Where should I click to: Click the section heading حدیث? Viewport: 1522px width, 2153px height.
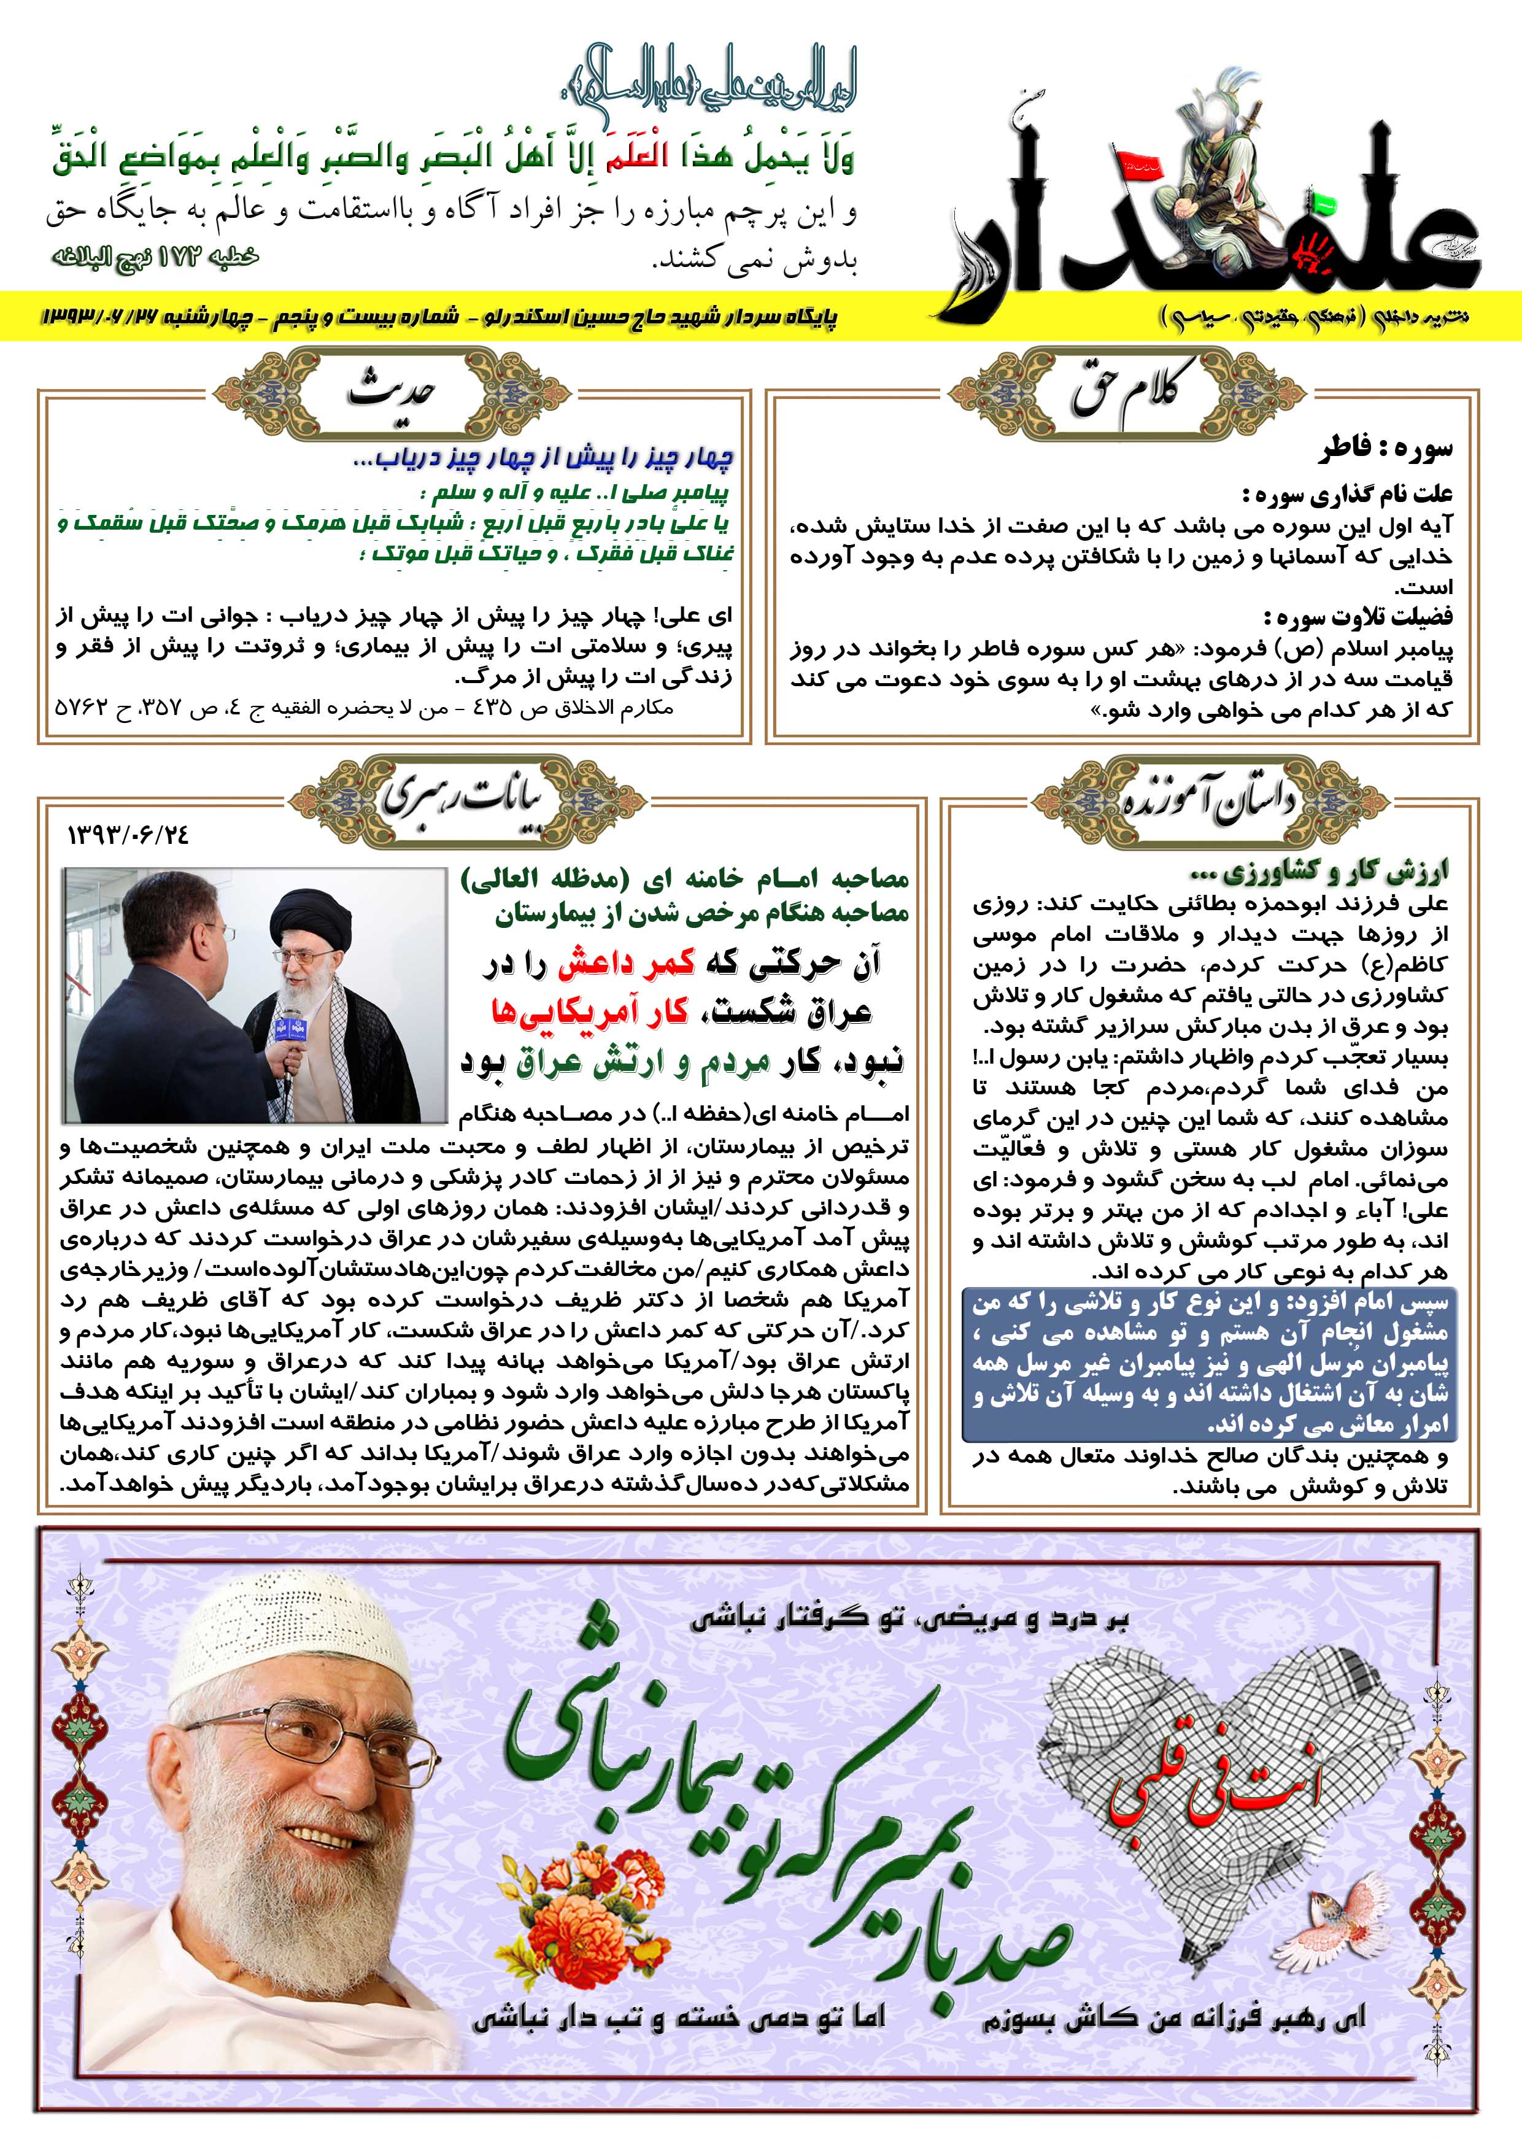click(392, 392)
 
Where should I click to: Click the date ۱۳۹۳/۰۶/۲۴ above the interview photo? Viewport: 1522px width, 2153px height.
click(128, 833)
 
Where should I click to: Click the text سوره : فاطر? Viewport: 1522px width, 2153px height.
click(1385, 449)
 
